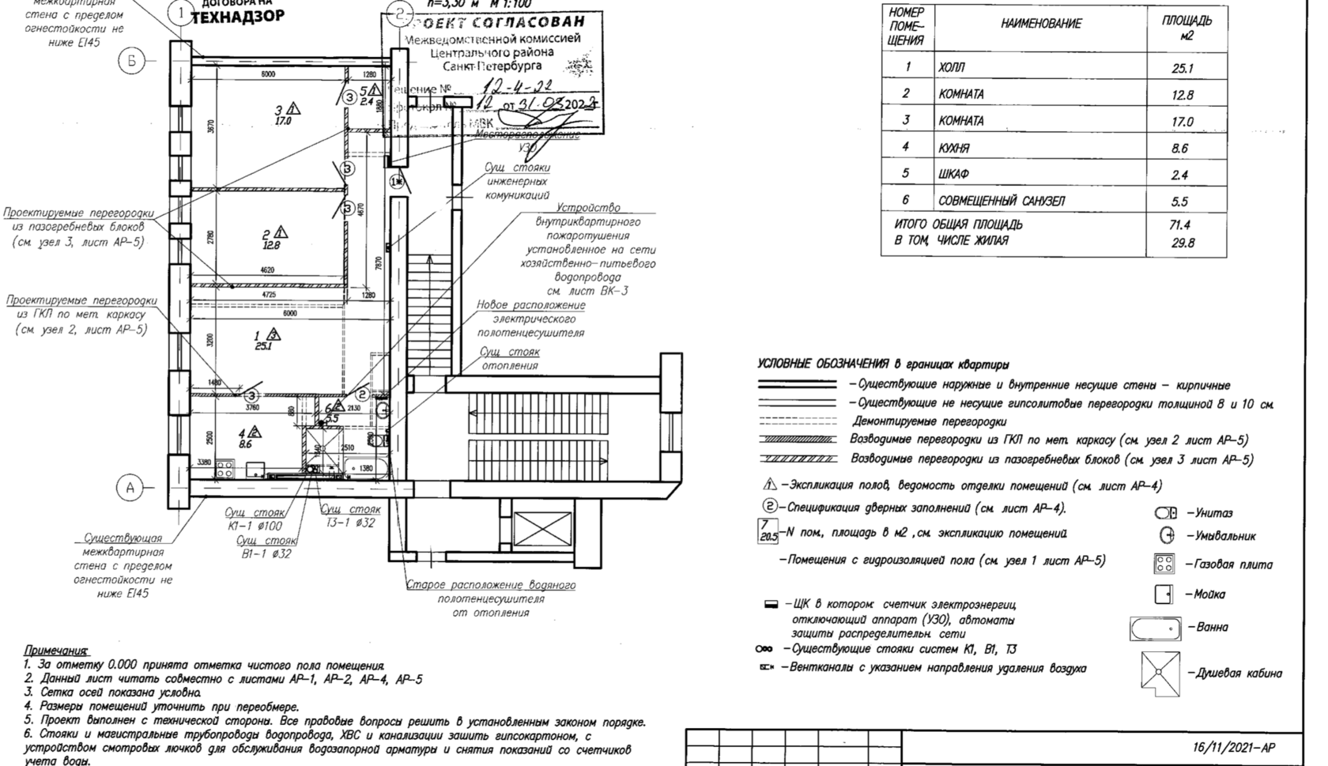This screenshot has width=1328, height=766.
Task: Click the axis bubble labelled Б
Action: pos(132,61)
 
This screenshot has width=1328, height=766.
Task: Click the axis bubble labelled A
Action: pos(130,488)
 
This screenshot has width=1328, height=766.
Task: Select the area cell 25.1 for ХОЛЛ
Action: pos(1183,69)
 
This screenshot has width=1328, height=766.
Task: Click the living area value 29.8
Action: pos(1183,243)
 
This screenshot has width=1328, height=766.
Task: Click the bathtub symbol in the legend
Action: pos(1156,629)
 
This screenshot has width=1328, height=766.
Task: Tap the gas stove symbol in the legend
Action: pos(1164,564)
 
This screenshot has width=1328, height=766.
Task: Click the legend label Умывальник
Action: pos(1221,536)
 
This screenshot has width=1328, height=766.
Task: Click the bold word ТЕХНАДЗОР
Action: pos(238,17)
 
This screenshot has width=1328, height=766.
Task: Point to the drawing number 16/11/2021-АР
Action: pos(1234,748)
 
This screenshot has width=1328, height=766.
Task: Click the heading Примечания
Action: pos(57,651)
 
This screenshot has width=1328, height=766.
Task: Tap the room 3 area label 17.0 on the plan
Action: pos(283,122)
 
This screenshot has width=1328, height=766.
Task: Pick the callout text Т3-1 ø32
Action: pos(351,523)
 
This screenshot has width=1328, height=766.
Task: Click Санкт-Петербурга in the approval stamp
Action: pos(492,66)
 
